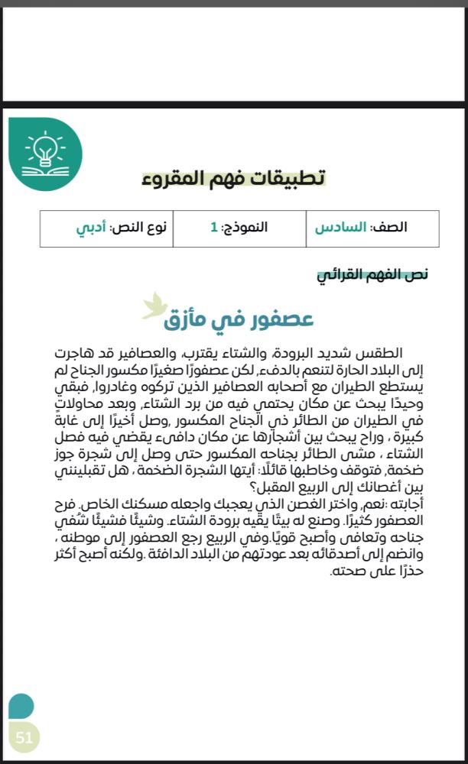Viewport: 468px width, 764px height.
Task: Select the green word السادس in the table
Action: (340, 228)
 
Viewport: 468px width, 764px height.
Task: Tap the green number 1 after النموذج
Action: (214, 228)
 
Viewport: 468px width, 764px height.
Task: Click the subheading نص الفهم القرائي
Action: (372, 274)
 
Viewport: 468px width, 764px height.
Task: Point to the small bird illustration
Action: (154, 306)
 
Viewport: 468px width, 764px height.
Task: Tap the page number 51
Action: (24, 737)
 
